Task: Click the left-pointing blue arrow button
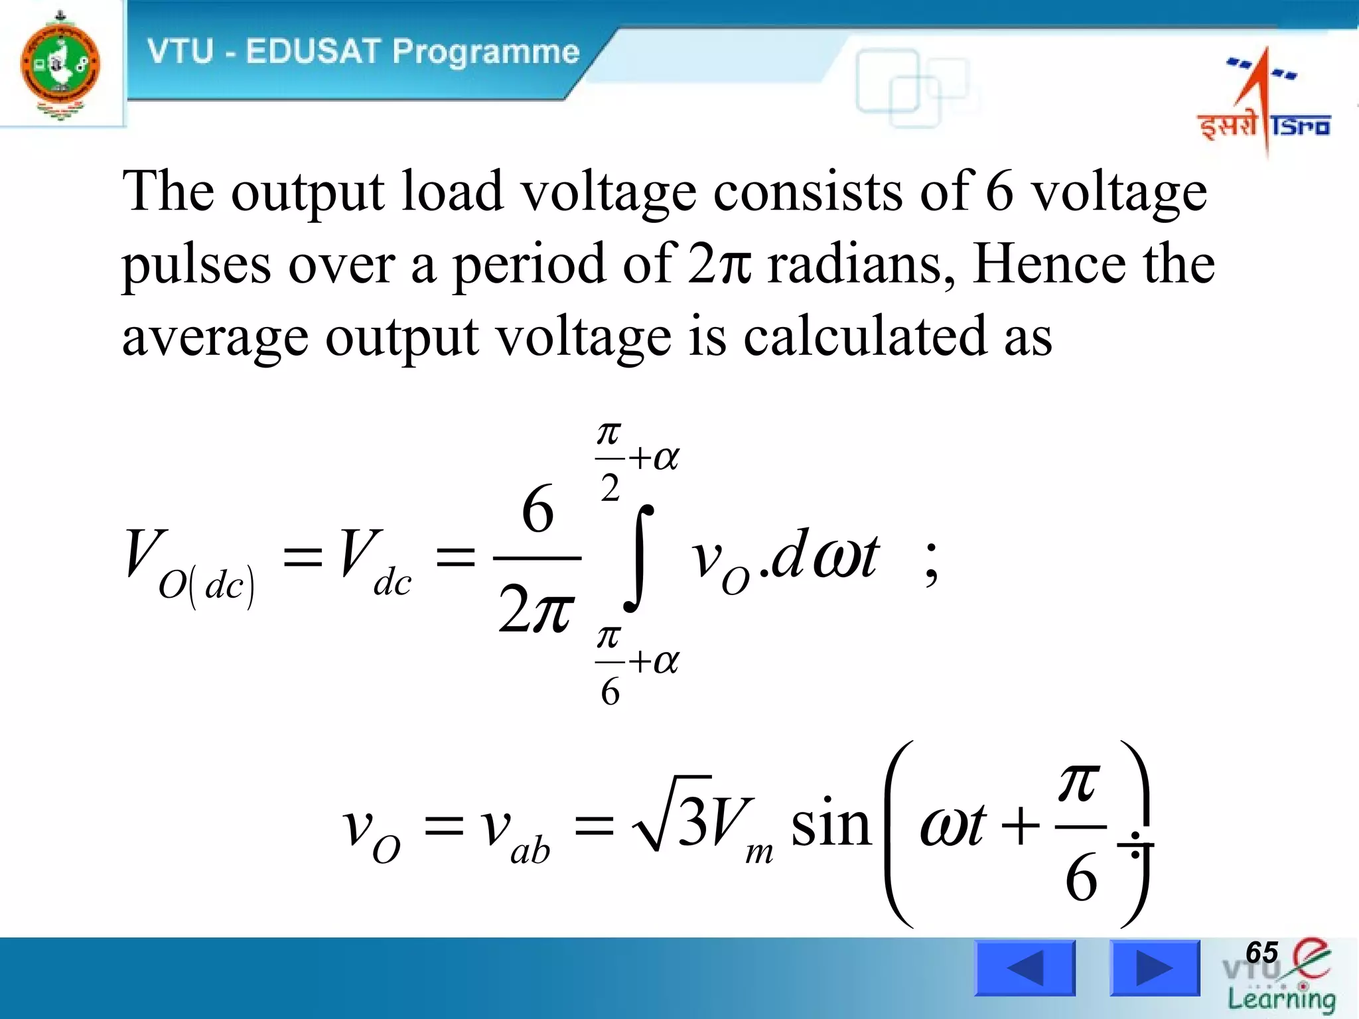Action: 1025,968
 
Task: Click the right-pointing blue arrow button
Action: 1155,968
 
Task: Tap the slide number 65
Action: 1261,953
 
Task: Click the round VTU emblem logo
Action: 60,64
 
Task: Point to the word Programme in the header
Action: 486,52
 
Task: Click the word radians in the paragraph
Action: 861,264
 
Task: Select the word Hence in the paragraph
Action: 1049,264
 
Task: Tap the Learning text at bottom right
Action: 1281,998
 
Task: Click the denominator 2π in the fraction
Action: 536,609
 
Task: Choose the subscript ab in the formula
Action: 530,850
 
